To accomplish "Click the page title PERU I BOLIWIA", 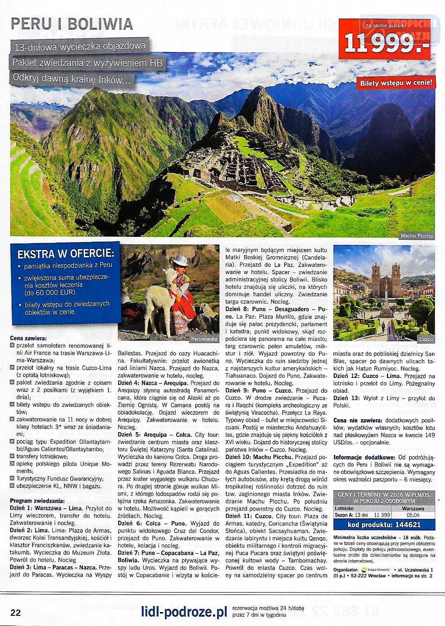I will [x=71, y=24].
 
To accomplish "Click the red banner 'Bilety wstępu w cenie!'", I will [x=396, y=83].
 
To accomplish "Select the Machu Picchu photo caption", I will [x=416, y=236].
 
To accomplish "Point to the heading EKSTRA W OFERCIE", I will [x=65, y=254].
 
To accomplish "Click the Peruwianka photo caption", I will [x=204, y=339].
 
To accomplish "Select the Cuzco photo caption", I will [x=426, y=339].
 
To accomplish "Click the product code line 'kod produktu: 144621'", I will [x=384, y=524].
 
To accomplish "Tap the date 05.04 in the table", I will [x=413, y=515].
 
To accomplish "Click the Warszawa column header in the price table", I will [x=413, y=508].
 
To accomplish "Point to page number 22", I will [x=15, y=613].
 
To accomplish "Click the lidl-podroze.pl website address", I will [x=184, y=612].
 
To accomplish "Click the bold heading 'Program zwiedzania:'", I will [x=37, y=500].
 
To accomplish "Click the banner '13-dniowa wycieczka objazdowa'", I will [x=80, y=46].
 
